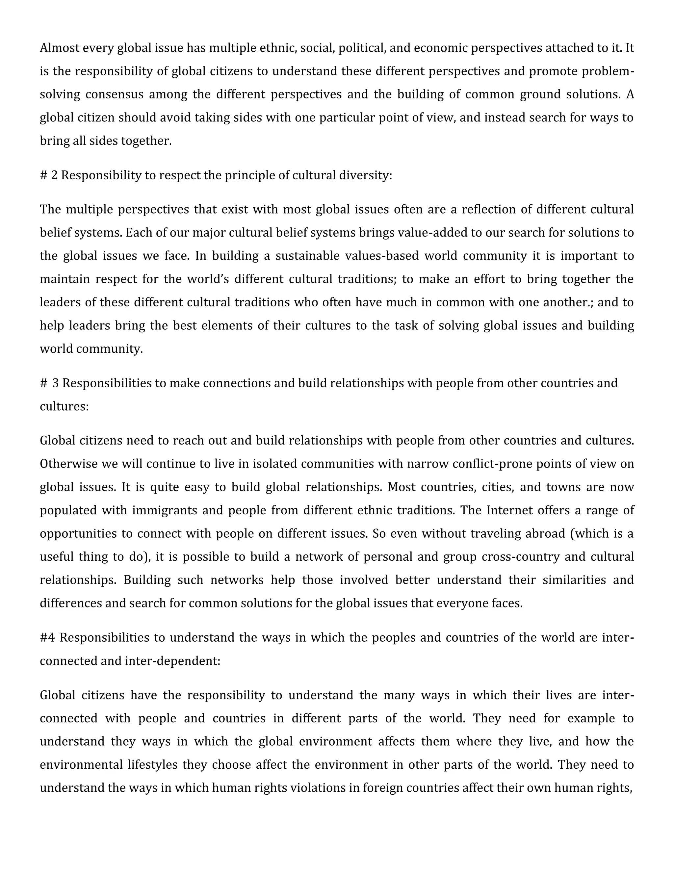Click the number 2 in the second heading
(x=54, y=175)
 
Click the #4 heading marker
(x=47, y=638)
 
